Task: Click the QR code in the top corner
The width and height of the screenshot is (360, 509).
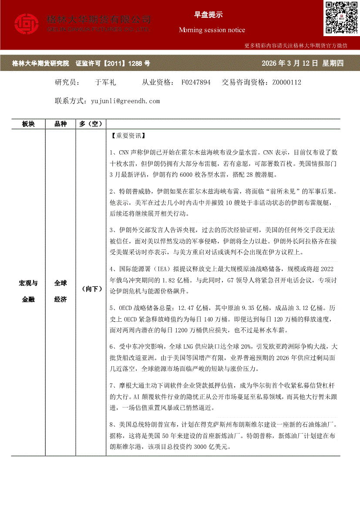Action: coord(341,17)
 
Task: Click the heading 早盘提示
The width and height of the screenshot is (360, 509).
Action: coord(208,14)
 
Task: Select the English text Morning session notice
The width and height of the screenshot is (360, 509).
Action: coord(212,30)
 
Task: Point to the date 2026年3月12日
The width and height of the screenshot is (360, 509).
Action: coord(290,64)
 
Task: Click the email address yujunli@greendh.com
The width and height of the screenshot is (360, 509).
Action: coord(125,101)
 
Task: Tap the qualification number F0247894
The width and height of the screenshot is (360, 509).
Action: coord(196,82)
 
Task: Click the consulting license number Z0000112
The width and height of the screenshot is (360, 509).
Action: coord(286,82)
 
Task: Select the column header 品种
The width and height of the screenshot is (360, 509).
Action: coord(61,124)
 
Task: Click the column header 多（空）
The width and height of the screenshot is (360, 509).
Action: coord(90,124)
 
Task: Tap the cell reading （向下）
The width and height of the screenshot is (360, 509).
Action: coord(91,289)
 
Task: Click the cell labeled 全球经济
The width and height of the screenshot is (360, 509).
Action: coord(61,291)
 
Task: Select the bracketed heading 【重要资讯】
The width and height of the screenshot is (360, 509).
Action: coord(127,135)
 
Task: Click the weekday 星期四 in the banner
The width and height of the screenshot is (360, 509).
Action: coord(333,64)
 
